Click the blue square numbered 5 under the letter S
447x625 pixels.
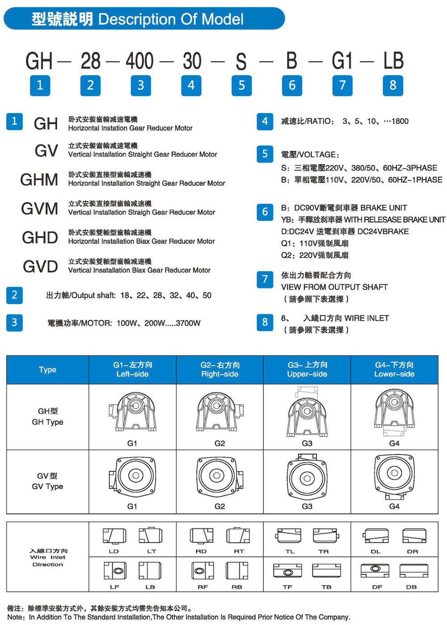click(241, 85)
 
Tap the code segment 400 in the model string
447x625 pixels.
click(140, 61)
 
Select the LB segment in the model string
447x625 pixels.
click(393, 61)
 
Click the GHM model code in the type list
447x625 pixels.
click(39, 180)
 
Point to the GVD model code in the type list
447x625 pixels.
click(40, 267)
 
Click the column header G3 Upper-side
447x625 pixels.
click(307, 369)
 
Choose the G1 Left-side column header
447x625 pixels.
click(132, 369)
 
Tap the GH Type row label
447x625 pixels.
click(47, 416)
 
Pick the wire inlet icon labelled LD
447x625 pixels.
click(114, 536)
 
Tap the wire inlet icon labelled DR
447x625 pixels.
click(414, 536)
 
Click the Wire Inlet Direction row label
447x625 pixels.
click(48, 558)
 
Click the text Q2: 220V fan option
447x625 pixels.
click(315, 256)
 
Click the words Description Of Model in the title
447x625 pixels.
click(171, 19)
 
